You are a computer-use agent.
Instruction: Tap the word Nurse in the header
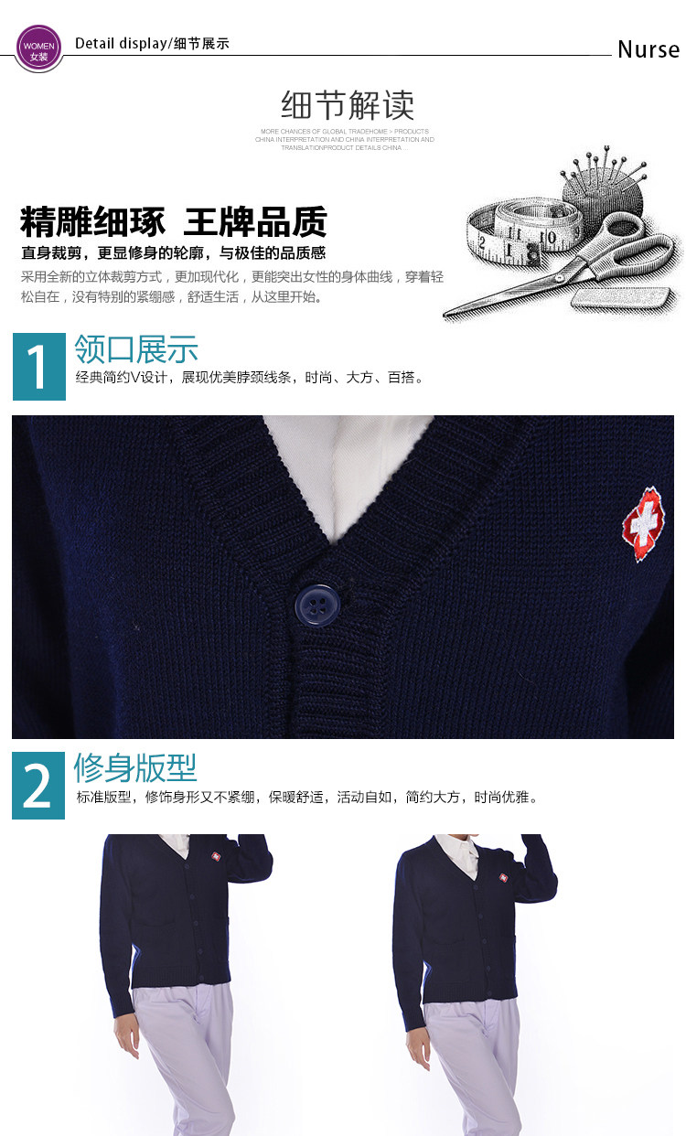648,49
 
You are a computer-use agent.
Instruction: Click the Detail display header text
152,44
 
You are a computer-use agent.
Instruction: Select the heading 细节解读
347,106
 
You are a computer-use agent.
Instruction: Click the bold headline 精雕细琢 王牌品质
173,222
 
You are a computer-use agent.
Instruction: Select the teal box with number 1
39,367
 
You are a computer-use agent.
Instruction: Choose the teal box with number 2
38,786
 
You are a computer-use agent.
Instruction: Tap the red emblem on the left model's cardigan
217,857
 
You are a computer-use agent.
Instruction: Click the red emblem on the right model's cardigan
503,878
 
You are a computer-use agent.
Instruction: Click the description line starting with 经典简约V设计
251,378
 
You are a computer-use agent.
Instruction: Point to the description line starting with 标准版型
307,797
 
